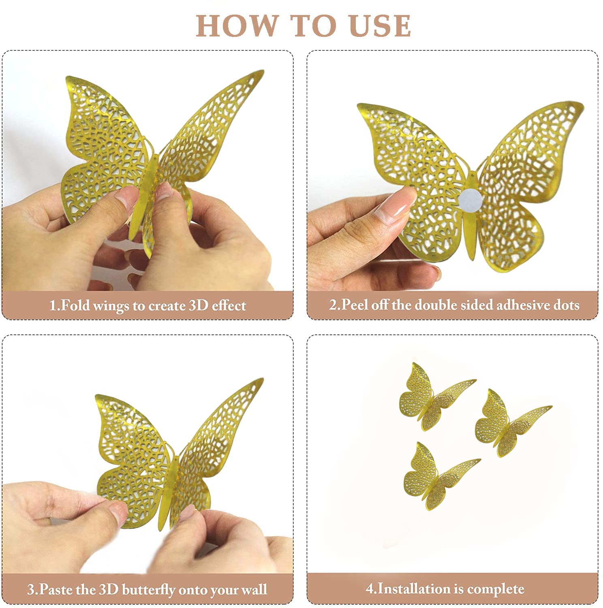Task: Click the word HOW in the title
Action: (237, 26)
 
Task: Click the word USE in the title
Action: (380, 26)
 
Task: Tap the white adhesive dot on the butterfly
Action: (471, 199)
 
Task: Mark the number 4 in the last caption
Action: (369, 589)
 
